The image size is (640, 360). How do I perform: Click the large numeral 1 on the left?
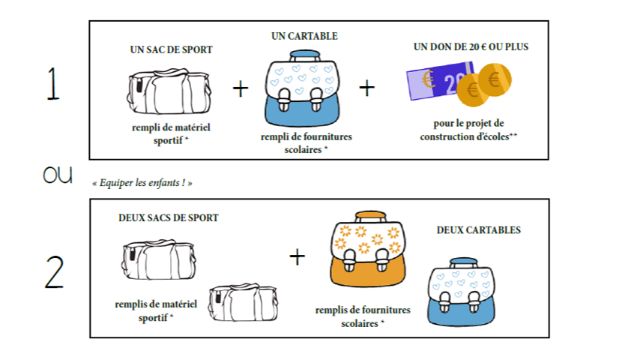click(x=52, y=85)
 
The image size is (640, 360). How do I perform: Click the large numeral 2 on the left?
click(x=54, y=271)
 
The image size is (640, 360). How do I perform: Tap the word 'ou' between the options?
click(x=57, y=175)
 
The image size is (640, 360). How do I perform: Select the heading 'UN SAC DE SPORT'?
click(x=171, y=50)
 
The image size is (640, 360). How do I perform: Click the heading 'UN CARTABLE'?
click(x=304, y=36)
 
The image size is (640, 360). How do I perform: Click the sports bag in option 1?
click(x=169, y=91)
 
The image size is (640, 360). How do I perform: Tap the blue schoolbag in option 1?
click(x=303, y=89)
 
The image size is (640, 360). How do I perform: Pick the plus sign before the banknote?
click(x=366, y=88)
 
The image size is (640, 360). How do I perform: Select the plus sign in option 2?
click(x=298, y=257)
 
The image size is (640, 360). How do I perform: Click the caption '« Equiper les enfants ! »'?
click(x=142, y=183)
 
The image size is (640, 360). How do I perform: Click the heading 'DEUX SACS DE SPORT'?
click(x=169, y=218)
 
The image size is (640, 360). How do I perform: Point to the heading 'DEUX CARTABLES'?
click(x=478, y=230)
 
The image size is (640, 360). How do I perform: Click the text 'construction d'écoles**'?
click(x=469, y=136)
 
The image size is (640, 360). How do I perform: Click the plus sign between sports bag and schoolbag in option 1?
click(x=240, y=89)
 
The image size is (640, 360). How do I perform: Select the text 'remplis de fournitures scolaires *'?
click(x=363, y=316)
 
